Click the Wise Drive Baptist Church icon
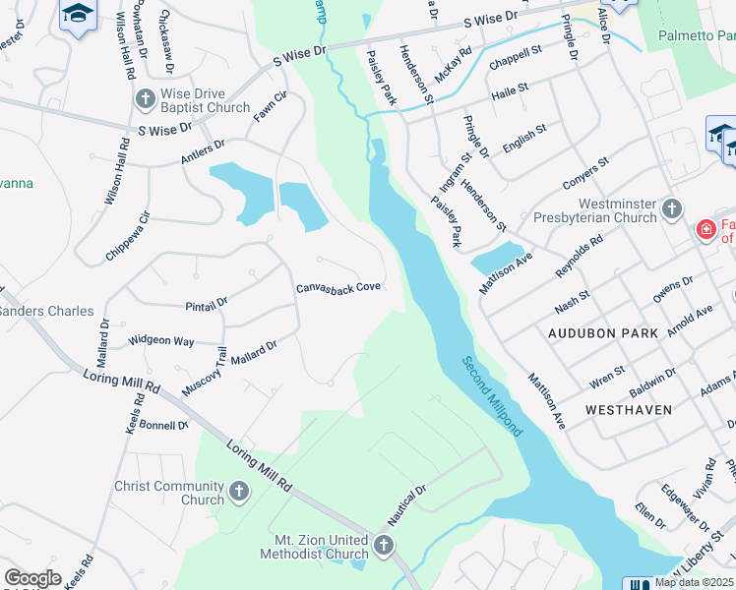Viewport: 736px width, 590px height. point(146,98)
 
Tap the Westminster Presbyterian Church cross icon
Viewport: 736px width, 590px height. point(671,208)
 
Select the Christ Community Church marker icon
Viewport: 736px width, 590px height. point(239,491)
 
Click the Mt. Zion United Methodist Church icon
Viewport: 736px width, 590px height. point(384,544)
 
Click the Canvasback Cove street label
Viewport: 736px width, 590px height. point(338,288)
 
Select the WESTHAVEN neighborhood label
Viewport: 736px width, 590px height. point(629,409)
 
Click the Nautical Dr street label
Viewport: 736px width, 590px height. point(404,496)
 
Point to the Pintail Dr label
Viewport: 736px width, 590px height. point(207,306)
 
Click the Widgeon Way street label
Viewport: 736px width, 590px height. point(161,341)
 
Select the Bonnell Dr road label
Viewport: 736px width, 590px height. point(163,425)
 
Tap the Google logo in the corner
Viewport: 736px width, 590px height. point(33,578)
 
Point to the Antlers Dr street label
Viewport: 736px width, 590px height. point(203,150)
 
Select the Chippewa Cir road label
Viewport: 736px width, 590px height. point(129,236)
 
